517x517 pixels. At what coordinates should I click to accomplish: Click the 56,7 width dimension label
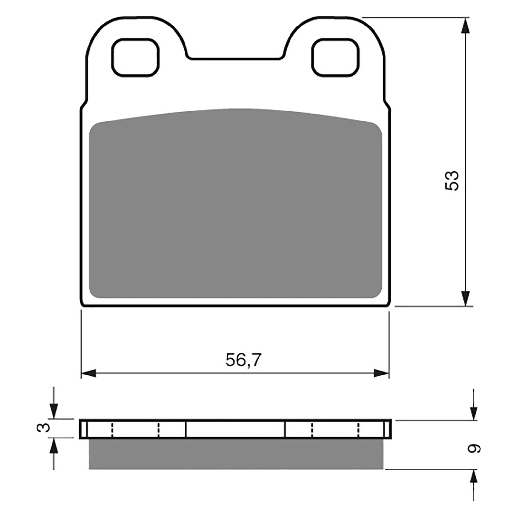243,360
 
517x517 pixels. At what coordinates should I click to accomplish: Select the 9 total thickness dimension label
474,448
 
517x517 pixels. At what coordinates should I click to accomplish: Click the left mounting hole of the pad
135,58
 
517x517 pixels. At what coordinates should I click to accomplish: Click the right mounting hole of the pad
336,58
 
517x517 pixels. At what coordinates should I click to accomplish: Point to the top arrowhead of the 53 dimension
465,26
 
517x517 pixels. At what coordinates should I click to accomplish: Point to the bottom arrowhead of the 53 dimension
465,298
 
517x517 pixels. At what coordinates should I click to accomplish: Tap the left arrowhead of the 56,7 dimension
89,374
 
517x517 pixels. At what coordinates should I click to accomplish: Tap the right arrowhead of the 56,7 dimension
381,374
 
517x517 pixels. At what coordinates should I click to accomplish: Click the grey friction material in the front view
235,207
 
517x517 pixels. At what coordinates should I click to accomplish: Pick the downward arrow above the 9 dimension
474,412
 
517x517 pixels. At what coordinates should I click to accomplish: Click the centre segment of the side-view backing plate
235,429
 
